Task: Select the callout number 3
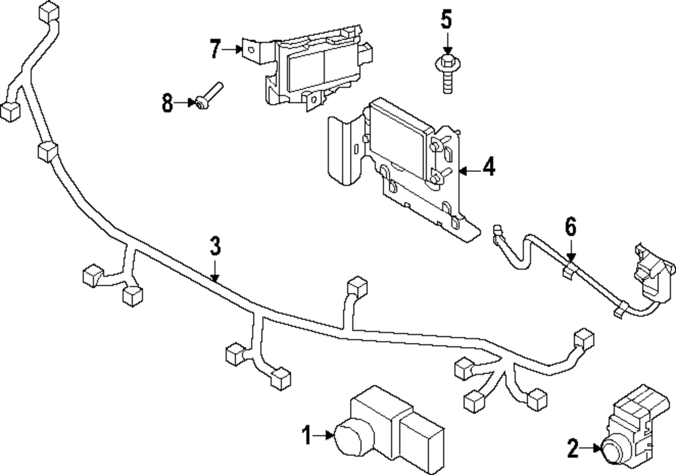[x=214, y=246]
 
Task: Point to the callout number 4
[x=488, y=166]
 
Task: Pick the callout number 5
[x=446, y=20]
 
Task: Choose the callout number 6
[x=571, y=227]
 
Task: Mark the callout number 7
[x=215, y=49]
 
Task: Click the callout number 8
[x=168, y=104]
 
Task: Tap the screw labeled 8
[x=209, y=95]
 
